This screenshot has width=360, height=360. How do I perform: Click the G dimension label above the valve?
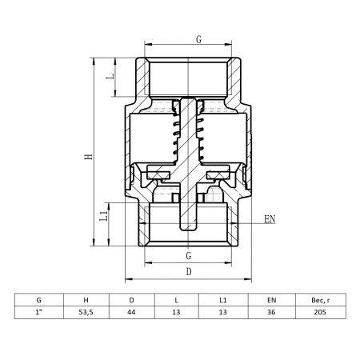198,39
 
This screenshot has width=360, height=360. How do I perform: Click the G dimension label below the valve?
189,256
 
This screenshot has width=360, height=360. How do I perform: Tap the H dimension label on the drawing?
89,156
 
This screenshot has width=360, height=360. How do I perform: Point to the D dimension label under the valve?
189,272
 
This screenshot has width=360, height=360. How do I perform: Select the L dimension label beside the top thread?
110,76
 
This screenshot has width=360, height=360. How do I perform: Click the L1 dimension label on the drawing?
104,215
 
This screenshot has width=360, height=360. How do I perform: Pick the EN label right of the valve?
270,219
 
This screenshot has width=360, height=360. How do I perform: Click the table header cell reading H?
86,300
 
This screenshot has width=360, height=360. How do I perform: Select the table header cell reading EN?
271,300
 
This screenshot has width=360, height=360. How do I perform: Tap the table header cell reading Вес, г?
321,300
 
